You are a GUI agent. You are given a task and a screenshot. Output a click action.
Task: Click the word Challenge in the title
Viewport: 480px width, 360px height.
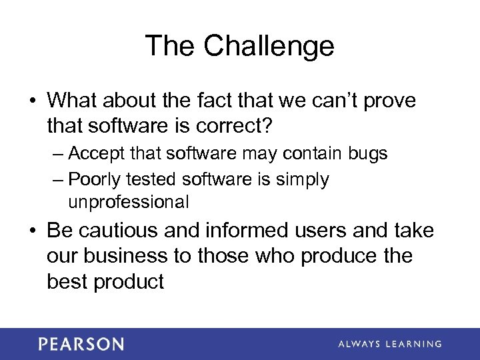pyautogui.click(x=269, y=47)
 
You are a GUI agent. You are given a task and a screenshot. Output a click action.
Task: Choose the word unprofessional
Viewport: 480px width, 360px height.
pyautogui.click(x=128, y=201)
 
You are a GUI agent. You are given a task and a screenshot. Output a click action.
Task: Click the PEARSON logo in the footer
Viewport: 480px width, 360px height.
pyautogui.click(x=81, y=344)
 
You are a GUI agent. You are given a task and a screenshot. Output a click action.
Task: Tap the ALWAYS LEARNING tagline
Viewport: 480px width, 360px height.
pyautogui.click(x=389, y=344)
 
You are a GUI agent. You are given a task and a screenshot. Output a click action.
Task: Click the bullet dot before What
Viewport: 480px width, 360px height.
pyautogui.click(x=32, y=101)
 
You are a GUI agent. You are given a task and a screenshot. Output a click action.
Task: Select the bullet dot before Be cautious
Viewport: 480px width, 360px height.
pyautogui.click(x=32, y=231)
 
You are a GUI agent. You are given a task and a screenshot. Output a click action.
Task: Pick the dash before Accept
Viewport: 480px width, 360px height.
pyautogui.click(x=57, y=155)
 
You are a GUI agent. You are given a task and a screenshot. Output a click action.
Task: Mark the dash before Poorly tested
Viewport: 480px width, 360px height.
pyautogui.click(x=57, y=180)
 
